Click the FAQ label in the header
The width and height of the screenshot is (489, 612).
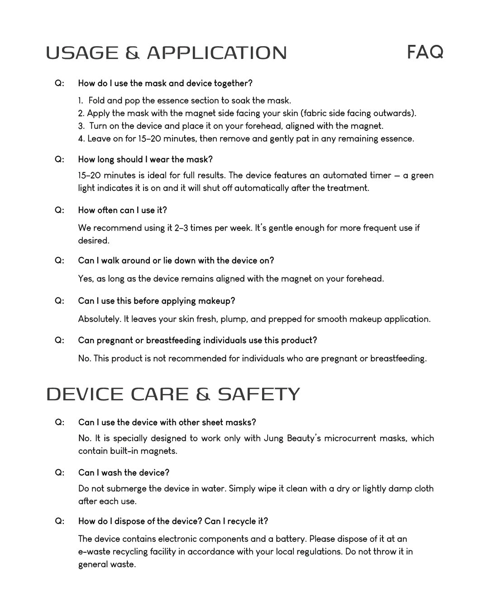[x=425, y=52]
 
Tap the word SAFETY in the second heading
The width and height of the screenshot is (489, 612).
[x=259, y=394]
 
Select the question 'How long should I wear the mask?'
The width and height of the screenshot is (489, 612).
[x=145, y=160]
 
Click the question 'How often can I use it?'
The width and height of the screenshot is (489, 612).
[x=122, y=210]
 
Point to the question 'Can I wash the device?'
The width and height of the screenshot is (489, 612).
[x=124, y=473]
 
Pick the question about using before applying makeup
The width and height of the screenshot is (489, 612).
[x=156, y=301]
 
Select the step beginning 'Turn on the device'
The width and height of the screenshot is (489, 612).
[x=231, y=126]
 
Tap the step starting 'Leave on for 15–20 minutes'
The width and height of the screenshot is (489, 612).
[x=246, y=139]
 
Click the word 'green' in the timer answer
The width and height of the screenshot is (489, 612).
[x=422, y=175]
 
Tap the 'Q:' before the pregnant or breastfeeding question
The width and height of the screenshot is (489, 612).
[x=59, y=340]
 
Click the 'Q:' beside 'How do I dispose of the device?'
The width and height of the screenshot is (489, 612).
[x=59, y=521]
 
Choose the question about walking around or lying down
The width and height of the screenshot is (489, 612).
[x=176, y=261]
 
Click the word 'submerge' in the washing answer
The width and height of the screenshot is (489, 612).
[x=129, y=489]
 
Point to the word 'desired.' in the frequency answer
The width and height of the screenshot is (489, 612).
[x=94, y=241]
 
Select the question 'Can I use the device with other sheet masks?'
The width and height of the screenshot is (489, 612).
[x=167, y=423]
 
